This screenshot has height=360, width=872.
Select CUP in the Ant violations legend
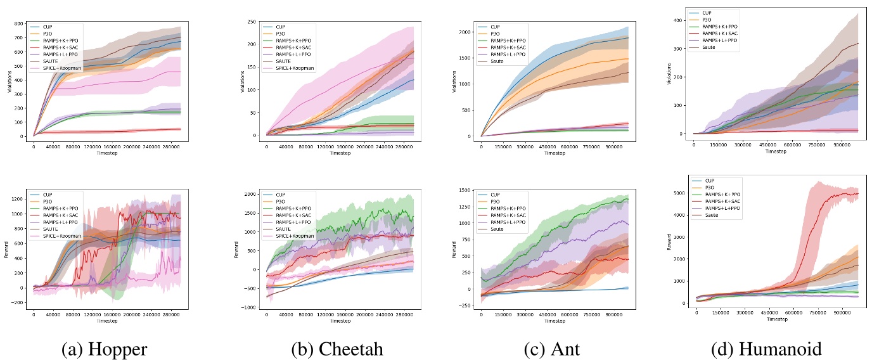(x=498, y=27)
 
